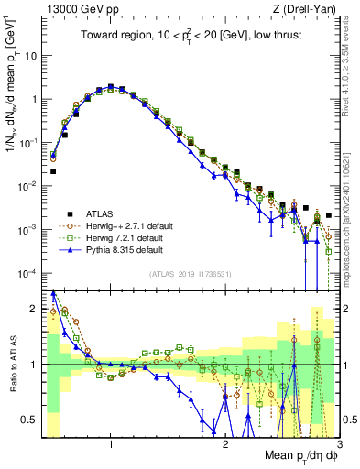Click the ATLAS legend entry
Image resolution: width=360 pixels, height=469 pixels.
click(x=101, y=211)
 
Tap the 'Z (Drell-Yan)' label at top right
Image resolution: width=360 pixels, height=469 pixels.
click(x=308, y=8)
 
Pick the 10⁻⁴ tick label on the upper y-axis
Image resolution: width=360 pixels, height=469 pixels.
click(x=27, y=273)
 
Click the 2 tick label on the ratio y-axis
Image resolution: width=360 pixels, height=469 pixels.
click(x=34, y=308)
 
